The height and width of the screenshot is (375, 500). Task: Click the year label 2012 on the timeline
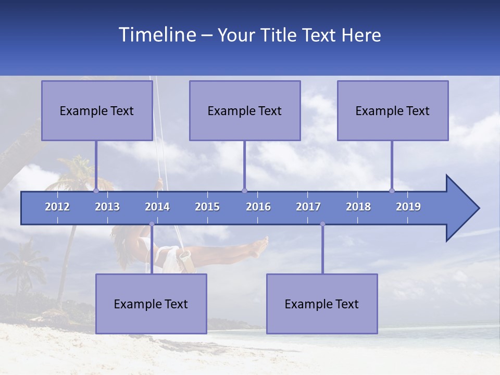(x=57, y=207)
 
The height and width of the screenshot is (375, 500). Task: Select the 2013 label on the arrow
(x=107, y=207)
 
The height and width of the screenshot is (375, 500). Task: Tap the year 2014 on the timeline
(x=157, y=207)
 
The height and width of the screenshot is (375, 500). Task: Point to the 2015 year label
(x=207, y=207)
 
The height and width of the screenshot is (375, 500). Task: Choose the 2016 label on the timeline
(x=258, y=207)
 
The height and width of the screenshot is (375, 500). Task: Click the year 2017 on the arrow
(x=308, y=207)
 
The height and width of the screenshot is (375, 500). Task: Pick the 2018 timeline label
(x=358, y=207)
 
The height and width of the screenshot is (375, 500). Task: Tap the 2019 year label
(x=408, y=207)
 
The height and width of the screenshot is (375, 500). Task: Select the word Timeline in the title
(x=157, y=34)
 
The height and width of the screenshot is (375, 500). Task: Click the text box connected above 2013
(x=97, y=110)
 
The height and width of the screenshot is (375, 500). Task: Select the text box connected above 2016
(x=245, y=110)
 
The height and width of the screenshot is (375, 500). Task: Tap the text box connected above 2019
(x=393, y=110)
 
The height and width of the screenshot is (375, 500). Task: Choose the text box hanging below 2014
(x=151, y=304)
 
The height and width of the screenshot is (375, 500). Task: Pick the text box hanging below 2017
(x=322, y=304)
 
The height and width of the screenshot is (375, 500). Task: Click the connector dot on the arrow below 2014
(x=152, y=224)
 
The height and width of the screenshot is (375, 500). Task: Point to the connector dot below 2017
(x=322, y=224)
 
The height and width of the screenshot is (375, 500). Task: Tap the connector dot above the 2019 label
(x=392, y=191)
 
